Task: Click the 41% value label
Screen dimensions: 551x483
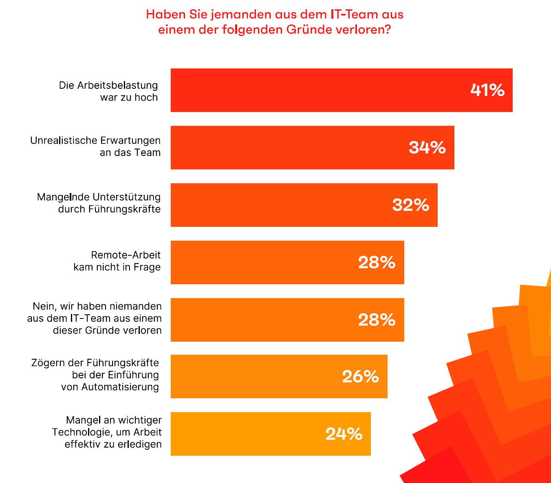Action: tap(487, 90)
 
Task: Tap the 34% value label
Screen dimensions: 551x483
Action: tap(427, 147)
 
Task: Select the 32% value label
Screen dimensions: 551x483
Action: tap(410, 205)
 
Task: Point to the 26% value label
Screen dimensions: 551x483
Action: tap(360, 376)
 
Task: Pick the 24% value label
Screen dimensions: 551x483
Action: tap(344, 434)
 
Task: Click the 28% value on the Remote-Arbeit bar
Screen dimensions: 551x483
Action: tap(377, 263)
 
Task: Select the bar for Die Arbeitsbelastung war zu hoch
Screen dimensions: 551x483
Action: tap(342, 90)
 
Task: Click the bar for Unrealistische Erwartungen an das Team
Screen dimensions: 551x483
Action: tap(313, 147)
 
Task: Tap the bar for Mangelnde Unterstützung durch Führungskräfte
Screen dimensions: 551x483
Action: tap(304, 205)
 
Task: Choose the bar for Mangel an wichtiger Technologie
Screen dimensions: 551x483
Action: tap(271, 434)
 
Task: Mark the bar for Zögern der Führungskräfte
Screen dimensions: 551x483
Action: tap(279, 376)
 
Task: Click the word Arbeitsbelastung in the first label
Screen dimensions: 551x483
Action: tap(117, 86)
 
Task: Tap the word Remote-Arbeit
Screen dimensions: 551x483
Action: tap(126, 255)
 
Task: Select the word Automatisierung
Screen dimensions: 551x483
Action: tap(120, 387)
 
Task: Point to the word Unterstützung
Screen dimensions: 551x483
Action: tap(126, 197)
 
